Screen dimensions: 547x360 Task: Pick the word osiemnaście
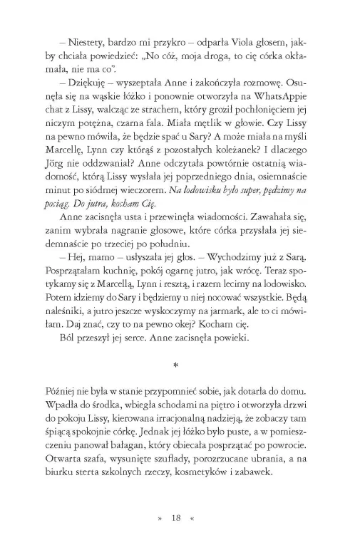[287, 174]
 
